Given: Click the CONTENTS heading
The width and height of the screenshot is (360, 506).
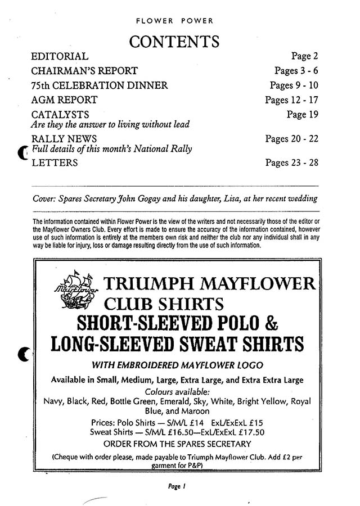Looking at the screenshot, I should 174,41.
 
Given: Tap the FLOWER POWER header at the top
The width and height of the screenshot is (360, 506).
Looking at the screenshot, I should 174,21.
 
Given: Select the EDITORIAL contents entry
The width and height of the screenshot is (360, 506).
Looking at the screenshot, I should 60,56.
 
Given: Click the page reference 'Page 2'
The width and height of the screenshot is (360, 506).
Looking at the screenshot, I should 304,56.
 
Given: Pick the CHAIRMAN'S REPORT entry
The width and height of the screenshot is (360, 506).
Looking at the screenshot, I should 84,71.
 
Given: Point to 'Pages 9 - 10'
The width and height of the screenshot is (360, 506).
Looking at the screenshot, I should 294,85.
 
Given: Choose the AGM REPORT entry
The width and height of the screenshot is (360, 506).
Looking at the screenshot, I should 64,100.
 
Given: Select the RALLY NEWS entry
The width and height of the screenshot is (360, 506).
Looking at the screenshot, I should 64,139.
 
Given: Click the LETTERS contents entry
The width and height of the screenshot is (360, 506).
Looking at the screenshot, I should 55,163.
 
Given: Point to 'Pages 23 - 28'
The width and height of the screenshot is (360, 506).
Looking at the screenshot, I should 291,163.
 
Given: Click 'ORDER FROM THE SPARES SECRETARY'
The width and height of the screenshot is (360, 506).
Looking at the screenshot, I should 177,444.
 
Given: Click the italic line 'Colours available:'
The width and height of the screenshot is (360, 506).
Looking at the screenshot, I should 177,391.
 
